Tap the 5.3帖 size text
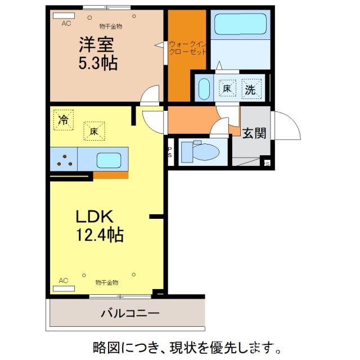(97, 63)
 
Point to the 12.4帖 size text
(100, 234)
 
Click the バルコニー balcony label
(130, 313)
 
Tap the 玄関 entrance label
(254, 133)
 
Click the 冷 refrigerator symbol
(64, 119)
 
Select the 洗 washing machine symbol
(250, 88)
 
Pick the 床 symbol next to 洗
(227, 88)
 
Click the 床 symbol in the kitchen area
(93, 130)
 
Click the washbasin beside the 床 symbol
(204, 89)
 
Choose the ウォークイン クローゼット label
(187, 47)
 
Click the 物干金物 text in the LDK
(106, 282)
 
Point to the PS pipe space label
(170, 152)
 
